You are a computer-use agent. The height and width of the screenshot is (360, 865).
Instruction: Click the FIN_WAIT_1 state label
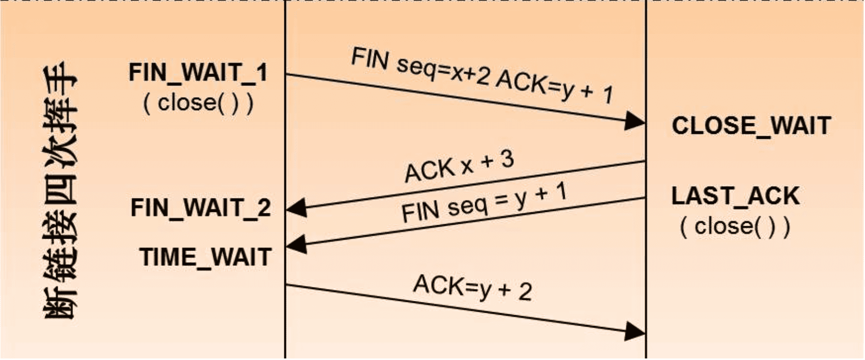[x=198, y=73]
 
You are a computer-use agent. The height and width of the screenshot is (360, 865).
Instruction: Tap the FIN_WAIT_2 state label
[x=201, y=208]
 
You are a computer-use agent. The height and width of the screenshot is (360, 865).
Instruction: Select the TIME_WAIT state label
[x=205, y=257]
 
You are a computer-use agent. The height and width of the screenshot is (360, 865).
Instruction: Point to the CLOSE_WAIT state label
[x=751, y=126]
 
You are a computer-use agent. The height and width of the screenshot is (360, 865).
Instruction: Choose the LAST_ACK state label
[x=735, y=196]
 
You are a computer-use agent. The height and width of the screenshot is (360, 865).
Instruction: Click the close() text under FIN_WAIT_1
[x=198, y=103]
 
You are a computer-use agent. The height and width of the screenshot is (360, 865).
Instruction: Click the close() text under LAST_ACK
[x=735, y=226]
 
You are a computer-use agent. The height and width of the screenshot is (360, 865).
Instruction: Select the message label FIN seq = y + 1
[x=483, y=204]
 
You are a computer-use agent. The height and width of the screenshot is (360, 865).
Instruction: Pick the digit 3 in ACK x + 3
[x=507, y=159]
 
